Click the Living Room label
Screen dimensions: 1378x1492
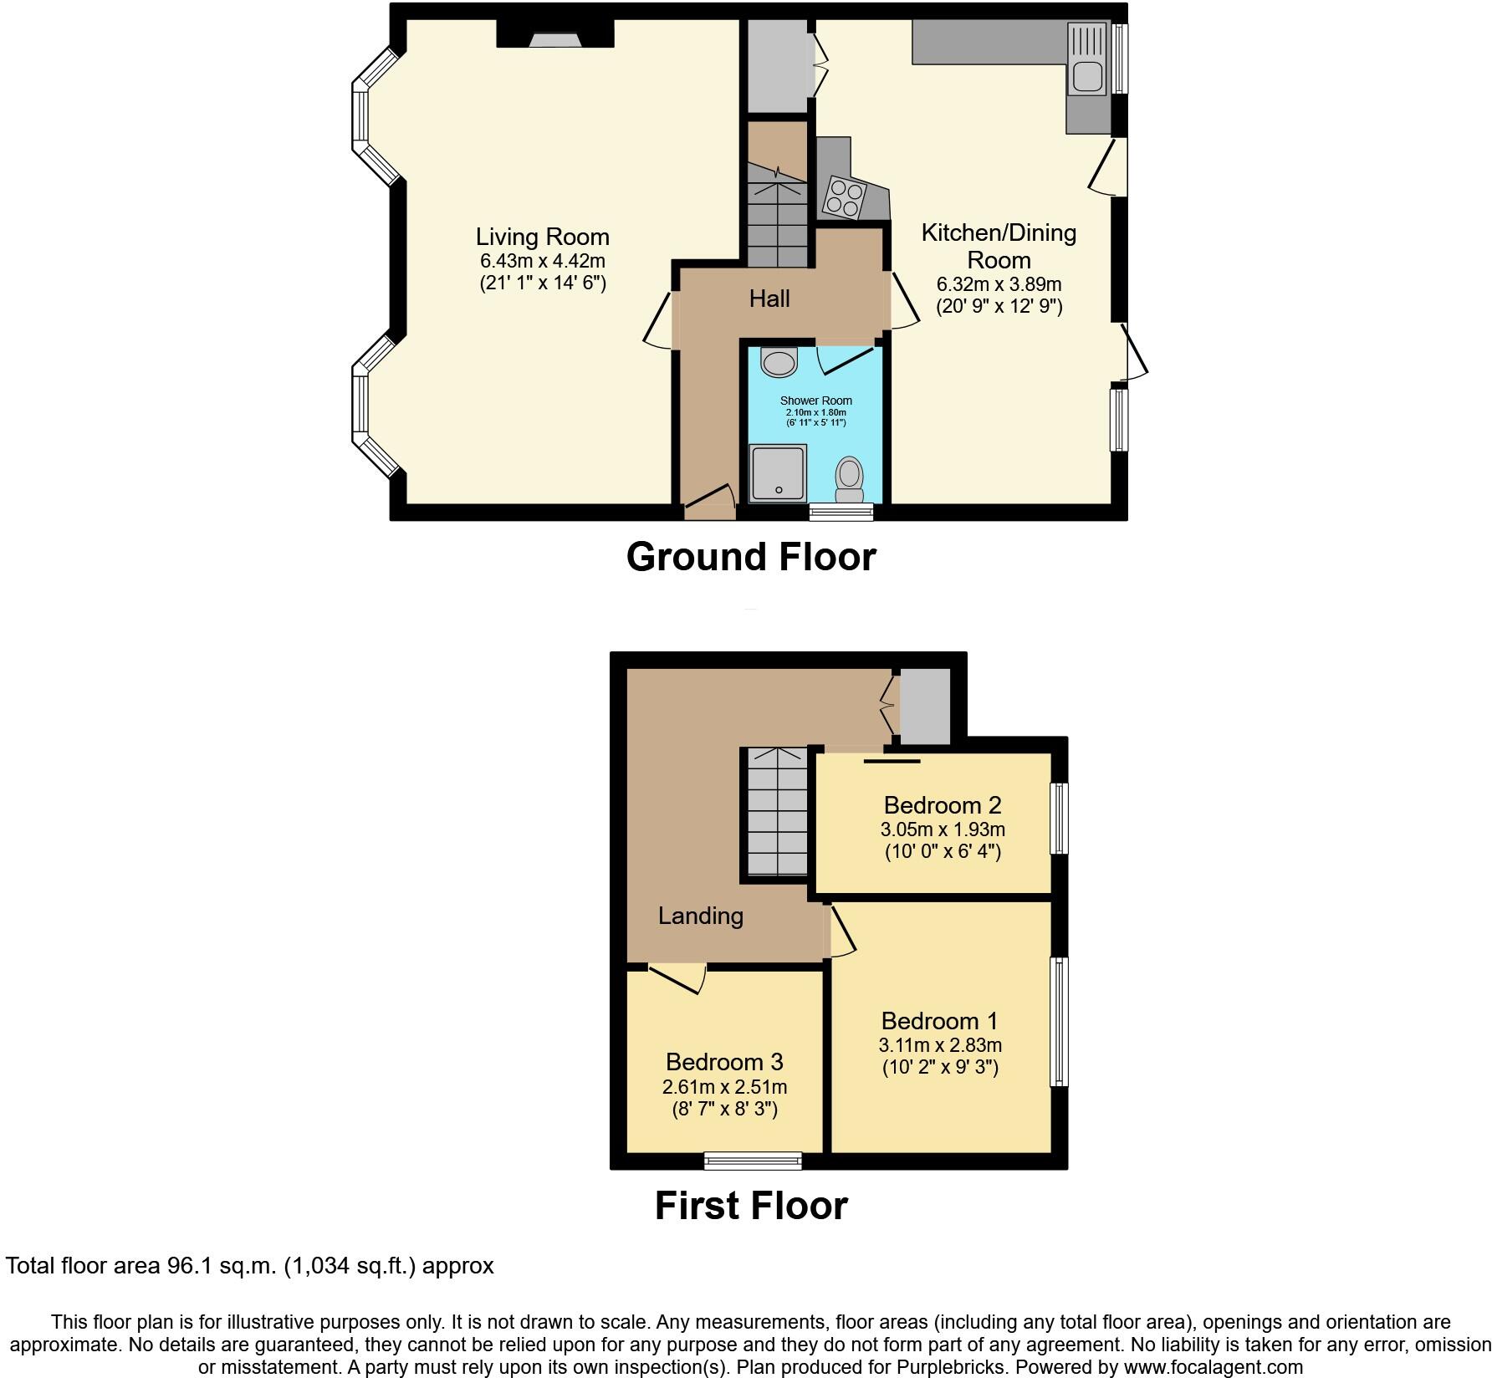pos(543,237)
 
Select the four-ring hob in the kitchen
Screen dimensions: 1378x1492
pos(843,198)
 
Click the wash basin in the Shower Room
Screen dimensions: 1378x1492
pos(779,364)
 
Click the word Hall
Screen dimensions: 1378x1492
pos(769,299)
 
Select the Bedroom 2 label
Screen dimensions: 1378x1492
pos(942,805)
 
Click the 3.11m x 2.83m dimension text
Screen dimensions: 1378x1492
pos(940,1045)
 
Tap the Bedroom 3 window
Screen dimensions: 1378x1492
pos(753,1161)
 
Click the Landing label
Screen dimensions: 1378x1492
pos(701,916)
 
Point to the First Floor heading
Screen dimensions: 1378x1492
pos(751,1206)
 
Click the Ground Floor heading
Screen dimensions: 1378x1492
pos(751,557)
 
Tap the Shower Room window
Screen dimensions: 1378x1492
pos(841,512)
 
